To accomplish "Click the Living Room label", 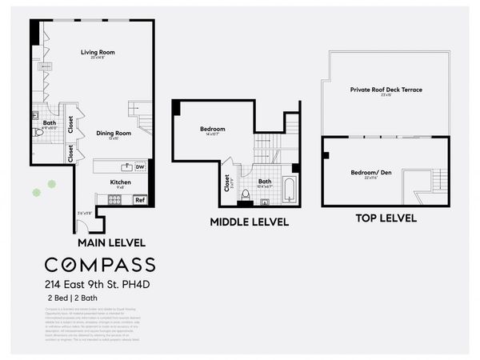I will pos(98,53).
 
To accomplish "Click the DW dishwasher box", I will pos(140,166).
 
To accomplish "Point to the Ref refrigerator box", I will pos(139,199).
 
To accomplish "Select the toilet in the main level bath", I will pos(38,132).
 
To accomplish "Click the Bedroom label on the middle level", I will pos(213,129).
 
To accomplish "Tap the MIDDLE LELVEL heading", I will pos(249,222).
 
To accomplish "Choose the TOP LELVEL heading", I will pos(386,218).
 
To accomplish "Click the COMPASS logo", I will pos(99,265).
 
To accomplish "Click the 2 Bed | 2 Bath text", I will pos(68,298).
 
